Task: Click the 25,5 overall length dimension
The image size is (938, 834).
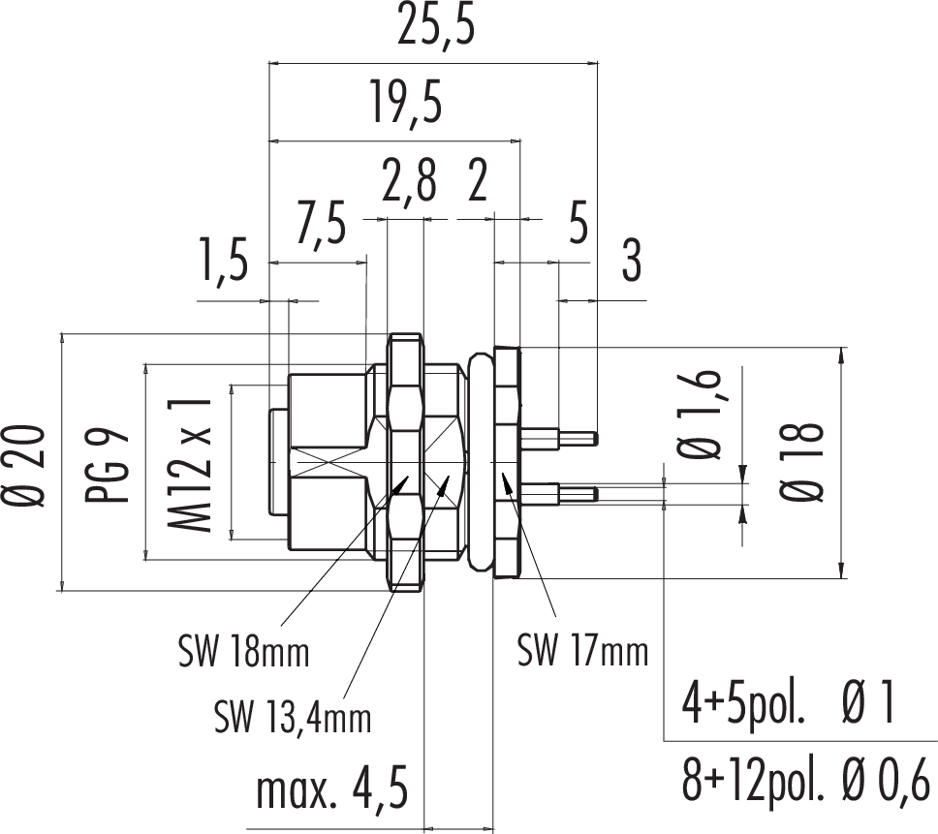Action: (x=438, y=30)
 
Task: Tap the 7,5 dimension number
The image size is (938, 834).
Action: (x=322, y=226)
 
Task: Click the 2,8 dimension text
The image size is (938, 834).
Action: (x=408, y=183)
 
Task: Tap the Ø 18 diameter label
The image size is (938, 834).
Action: (x=805, y=460)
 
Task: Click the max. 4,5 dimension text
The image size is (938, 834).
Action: (x=329, y=788)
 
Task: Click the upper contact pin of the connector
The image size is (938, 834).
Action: (x=561, y=438)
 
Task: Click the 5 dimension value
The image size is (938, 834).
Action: (x=578, y=226)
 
